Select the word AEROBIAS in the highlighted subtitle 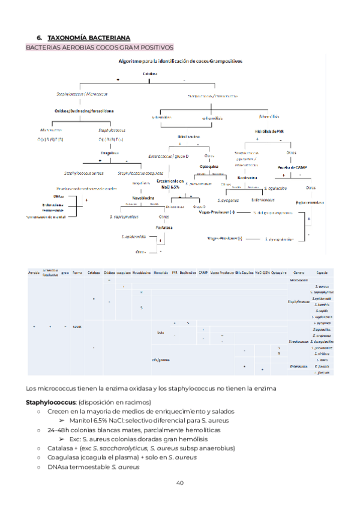pyautogui.click(x=76, y=47)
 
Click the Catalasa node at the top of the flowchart pyautogui.click(x=150, y=74)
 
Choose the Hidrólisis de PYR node pyautogui.click(x=270, y=131)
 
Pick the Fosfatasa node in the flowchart pyautogui.click(x=161, y=228)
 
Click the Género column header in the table pyautogui.click(x=299, y=273)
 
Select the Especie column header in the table pyautogui.click(x=322, y=273)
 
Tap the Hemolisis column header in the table pyautogui.click(x=161, y=273)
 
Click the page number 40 pyautogui.click(x=180, y=483)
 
